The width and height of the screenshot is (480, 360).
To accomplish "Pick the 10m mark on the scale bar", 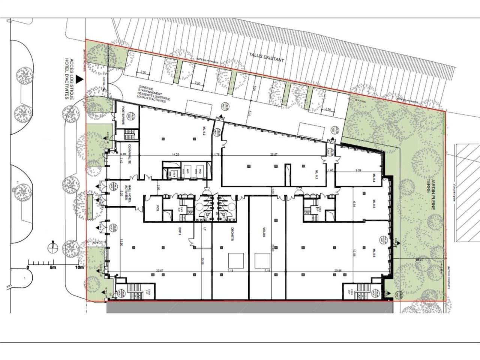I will [x=79, y=267].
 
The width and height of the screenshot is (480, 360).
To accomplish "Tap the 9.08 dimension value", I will [x=357, y=171].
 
